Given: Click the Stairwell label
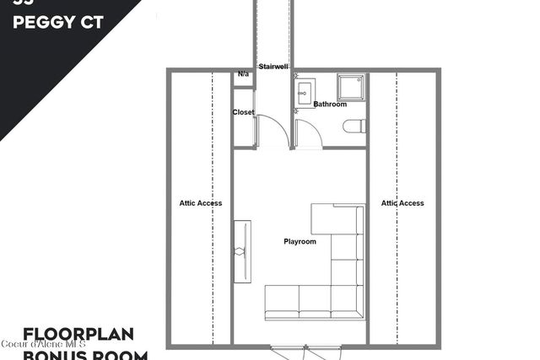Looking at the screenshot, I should tap(273, 66).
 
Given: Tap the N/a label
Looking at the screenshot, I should tap(243, 75).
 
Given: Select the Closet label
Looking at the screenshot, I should tap(243, 112).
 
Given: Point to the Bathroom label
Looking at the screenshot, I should tap(330, 105).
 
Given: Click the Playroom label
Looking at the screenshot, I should tap(300, 242).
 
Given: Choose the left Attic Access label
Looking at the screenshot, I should tap(201, 203).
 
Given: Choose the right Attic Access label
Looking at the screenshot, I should tap(402, 203).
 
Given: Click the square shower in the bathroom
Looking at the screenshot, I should tap(349, 87).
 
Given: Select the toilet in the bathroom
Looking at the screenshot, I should tap(354, 126).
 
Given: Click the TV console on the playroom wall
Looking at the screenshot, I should tap(242, 250).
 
